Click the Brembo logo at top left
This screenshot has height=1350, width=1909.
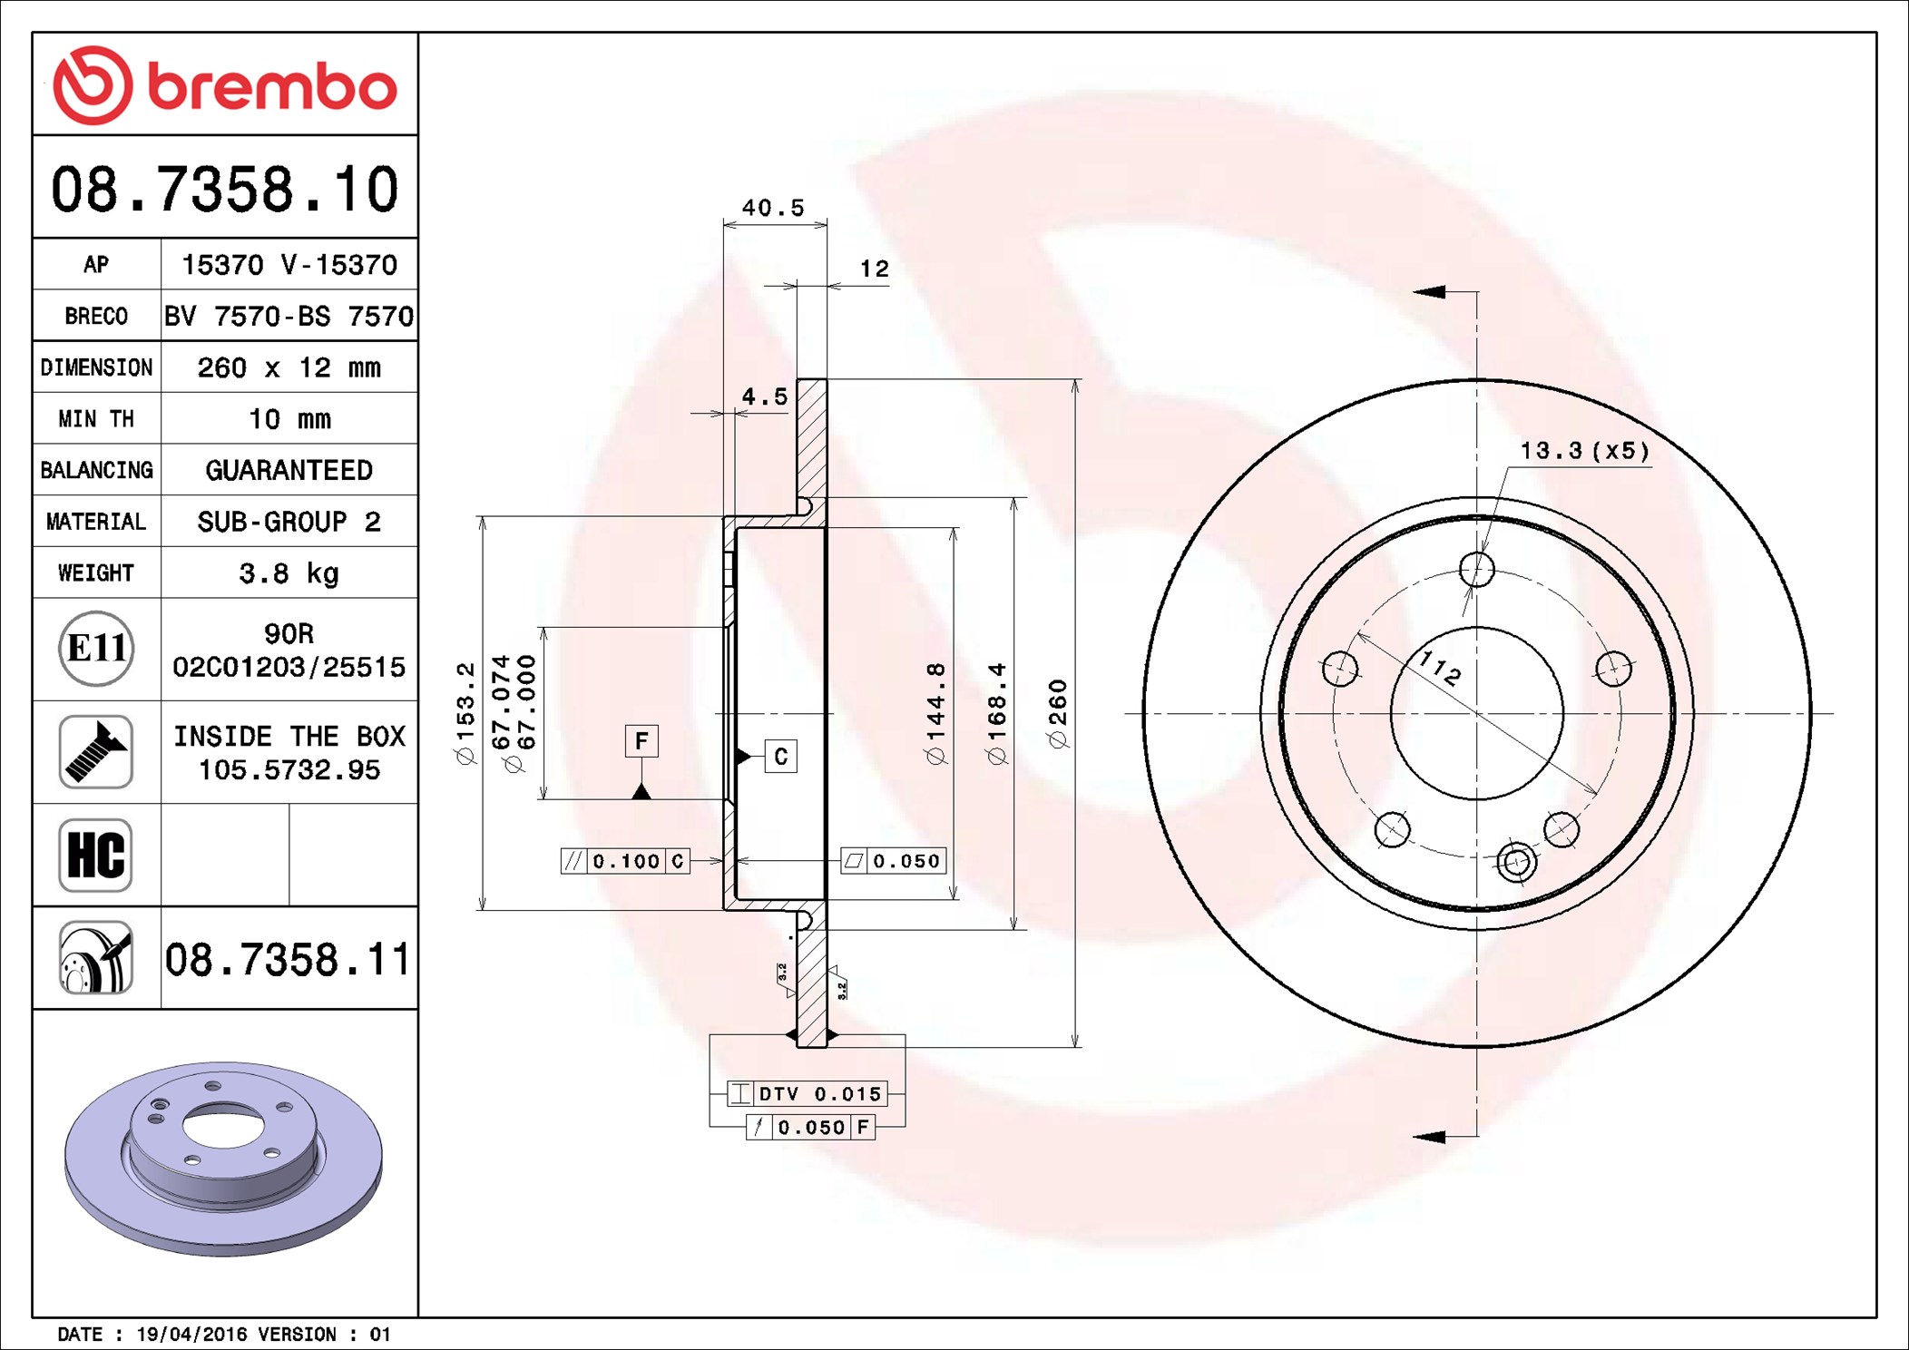pos(224,85)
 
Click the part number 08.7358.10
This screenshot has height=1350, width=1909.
pos(224,190)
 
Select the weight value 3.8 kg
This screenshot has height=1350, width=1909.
pos(289,573)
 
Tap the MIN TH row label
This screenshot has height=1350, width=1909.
pos(96,419)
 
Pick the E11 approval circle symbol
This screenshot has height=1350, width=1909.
pos(96,649)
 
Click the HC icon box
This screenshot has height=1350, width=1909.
pos(96,855)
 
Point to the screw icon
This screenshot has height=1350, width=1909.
pos(96,751)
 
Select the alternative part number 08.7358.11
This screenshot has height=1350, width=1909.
pos(288,960)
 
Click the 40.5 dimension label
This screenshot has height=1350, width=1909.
pos(773,208)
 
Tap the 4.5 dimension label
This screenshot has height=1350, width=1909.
pos(765,396)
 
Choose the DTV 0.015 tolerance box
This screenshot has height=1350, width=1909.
pos(807,1094)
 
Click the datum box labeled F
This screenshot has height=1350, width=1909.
pos(641,741)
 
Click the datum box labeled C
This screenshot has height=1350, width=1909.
pos(781,757)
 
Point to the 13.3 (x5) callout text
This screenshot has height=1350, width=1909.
pos(1584,451)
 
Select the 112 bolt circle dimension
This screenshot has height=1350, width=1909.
pos(1440,669)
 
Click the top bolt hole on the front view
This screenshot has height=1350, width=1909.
pos(1477,570)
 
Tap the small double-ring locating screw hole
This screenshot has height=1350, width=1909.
pos(1516,861)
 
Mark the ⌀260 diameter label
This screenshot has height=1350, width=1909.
pos(1058,713)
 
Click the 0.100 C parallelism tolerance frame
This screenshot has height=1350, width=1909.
pos(625,861)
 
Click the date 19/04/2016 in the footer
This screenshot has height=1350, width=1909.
pos(191,1335)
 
